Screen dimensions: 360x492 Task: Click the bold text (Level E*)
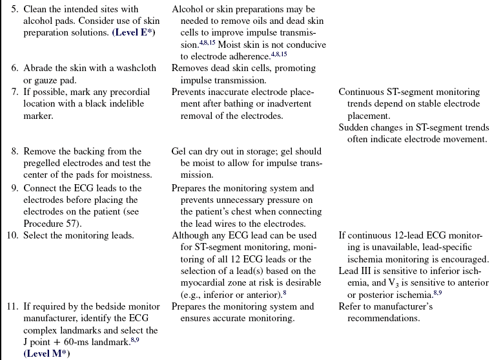(134, 33)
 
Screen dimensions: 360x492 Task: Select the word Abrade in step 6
(37, 69)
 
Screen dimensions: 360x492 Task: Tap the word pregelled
(45, 163)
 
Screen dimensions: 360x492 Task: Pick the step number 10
(12, 235)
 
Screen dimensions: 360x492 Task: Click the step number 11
(12, 306)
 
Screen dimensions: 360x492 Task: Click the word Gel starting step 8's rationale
(179, 151)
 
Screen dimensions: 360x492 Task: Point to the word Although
(191, 235)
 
